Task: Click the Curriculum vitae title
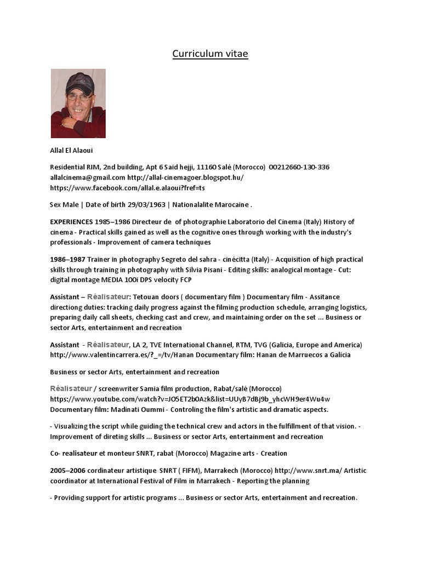tap(210, 54)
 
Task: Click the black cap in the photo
tap(80, 83)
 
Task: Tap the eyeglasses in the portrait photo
tap(79, 97)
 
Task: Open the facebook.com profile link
tap(127, 188)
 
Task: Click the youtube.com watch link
tap(190, 399)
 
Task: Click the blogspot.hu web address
tap(186, 178)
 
